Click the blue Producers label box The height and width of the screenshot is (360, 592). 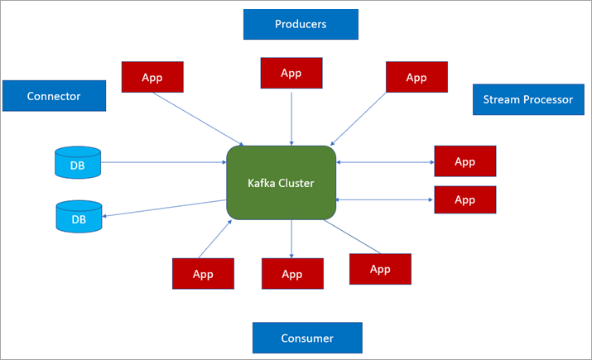301,24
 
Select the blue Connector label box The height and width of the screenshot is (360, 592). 54,96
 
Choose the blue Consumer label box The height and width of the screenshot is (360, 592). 307,338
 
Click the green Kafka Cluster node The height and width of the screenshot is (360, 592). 282,183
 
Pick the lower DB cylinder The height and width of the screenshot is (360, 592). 78,217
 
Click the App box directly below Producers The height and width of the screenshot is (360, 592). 291,73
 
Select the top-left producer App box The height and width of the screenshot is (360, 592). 152,77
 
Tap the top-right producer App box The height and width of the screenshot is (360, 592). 416,77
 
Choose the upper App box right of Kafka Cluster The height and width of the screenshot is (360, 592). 464,161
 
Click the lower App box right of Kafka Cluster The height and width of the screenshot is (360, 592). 464,199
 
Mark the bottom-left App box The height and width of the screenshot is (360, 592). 203,273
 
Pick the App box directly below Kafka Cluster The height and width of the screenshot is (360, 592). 291,273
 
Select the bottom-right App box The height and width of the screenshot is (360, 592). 380,269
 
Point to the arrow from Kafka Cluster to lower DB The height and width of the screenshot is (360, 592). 166,208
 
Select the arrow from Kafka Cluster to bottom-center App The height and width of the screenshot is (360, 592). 291,238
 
